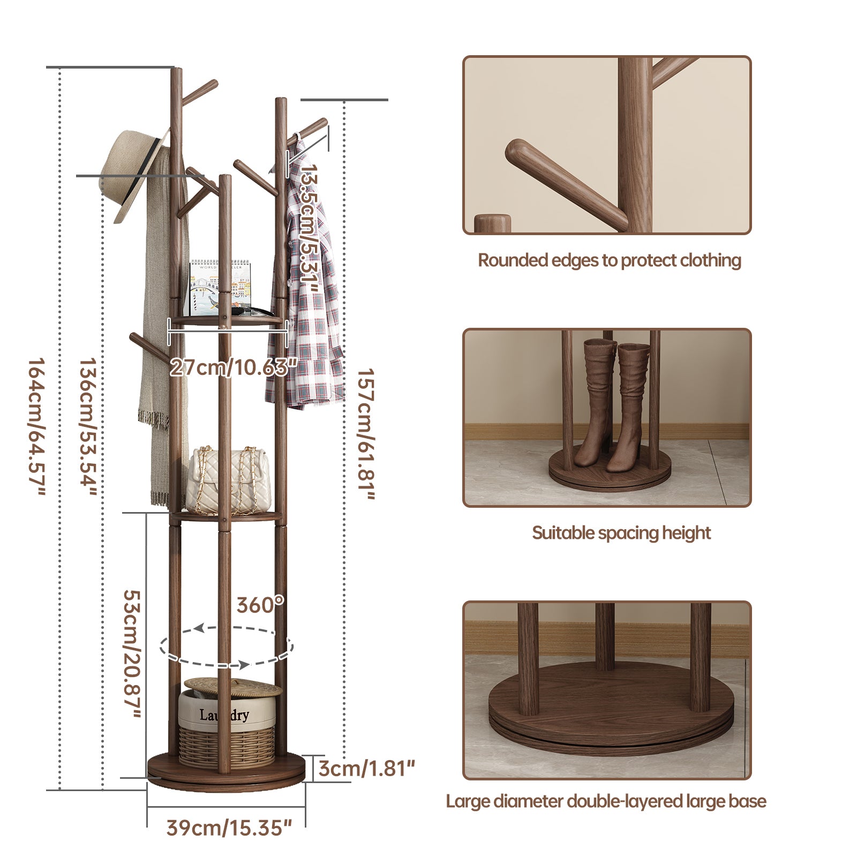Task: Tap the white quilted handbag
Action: click(228, 478)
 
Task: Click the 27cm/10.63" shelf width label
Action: click(234, 368)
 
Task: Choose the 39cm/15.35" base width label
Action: click(229, 828)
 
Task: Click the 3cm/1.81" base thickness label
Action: click(367, 769)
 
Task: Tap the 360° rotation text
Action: click(260, 605)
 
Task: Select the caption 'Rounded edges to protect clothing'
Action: click(610, 261)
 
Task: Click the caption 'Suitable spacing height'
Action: click(621, 533)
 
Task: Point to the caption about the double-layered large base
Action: click(606, 801)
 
